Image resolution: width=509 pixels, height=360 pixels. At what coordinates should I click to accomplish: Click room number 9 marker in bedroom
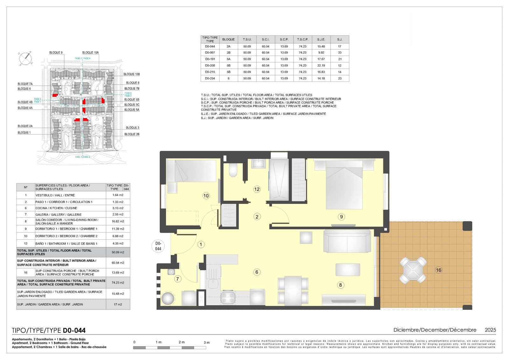[341, 217]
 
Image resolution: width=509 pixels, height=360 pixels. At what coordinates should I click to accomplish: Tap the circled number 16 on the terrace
[438, 270]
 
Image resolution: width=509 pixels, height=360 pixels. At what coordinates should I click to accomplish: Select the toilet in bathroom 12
[233, 170]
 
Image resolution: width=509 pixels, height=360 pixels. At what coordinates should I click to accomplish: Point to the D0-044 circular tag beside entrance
[158, 246]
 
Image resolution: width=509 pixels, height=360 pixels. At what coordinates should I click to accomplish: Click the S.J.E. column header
[321, 39]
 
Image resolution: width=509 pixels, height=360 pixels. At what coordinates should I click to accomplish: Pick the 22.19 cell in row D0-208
[321, 66]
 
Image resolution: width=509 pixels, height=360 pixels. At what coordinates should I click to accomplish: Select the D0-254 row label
[210, 78]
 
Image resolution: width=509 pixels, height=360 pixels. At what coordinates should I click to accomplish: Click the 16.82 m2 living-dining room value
[118, 221]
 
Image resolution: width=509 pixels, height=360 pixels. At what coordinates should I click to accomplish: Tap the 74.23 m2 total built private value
[118, 283]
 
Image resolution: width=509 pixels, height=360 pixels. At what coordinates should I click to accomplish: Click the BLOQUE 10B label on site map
[131, 74]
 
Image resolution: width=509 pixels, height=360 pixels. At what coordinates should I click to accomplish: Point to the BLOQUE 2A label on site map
[25, 126]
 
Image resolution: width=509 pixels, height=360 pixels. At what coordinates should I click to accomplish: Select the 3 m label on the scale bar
[207, 342]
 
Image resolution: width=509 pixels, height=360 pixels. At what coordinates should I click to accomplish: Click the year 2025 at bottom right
[490, 330]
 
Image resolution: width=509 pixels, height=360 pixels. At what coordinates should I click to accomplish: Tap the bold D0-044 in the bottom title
[74, 331]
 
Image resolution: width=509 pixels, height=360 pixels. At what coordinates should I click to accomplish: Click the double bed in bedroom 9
[344, 185]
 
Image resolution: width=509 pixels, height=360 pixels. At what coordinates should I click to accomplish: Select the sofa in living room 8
[347, 241]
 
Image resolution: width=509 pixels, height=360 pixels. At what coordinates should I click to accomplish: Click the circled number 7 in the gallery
[178, 279]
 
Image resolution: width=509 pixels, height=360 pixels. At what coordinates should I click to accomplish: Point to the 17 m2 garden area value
[118, 305]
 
